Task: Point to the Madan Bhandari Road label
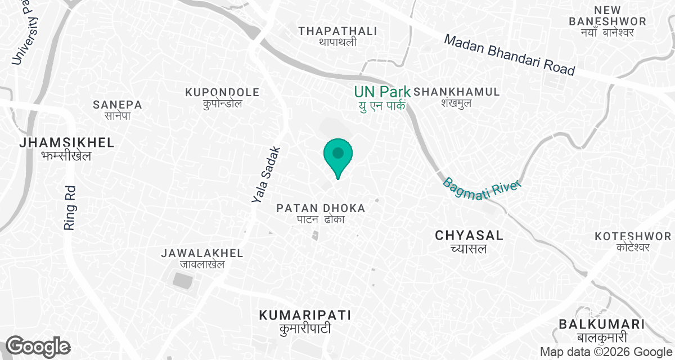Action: [x=510, y=55]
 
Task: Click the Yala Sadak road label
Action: [x=266, y=175]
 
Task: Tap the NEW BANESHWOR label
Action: [x=601, y=21]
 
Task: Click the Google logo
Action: [x=38, y=346]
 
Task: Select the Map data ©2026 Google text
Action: [x=605, y=352]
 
